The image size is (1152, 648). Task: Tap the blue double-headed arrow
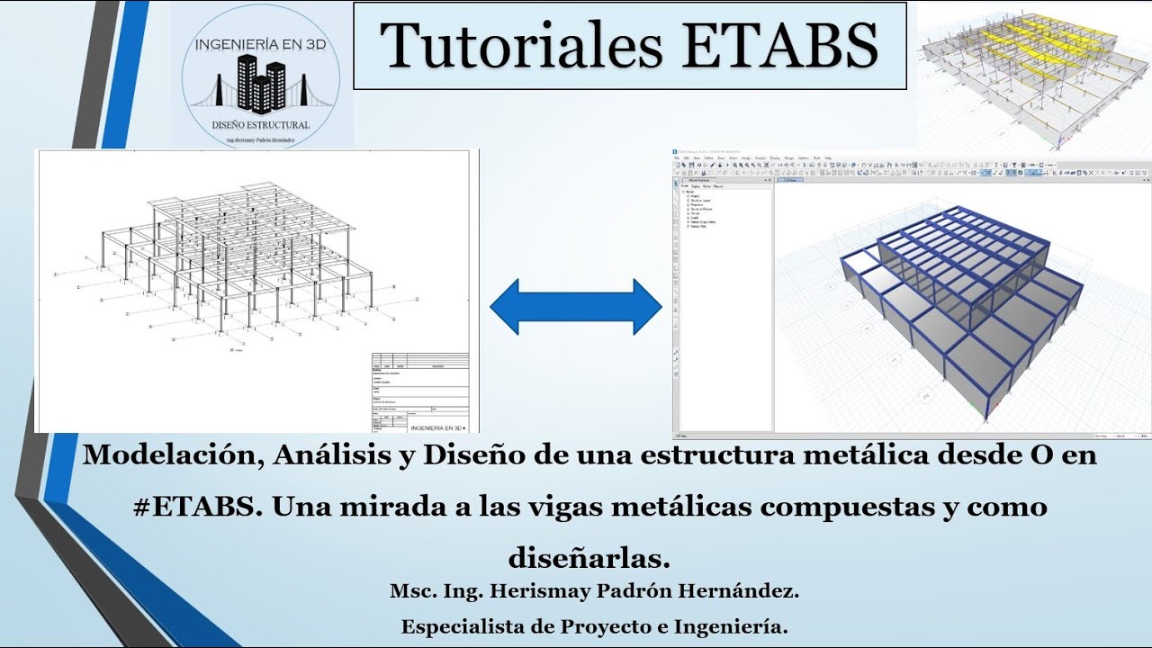point(576,307)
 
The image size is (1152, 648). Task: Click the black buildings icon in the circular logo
point(260,83)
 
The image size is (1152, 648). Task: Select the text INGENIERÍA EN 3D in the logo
point(260,42)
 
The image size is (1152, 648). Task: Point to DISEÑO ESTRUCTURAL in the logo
point(260,124)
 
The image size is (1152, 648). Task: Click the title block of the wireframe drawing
point(420,392)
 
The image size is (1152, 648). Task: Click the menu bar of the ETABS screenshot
point(756,157)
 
